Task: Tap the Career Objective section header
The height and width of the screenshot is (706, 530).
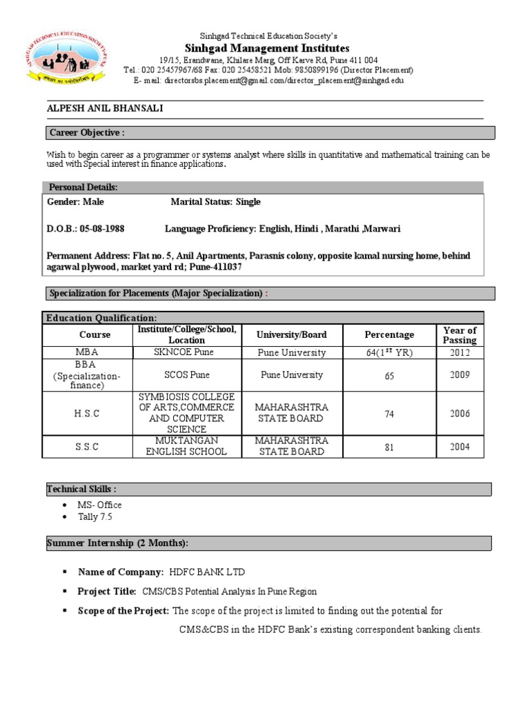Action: click(x=86, y=132)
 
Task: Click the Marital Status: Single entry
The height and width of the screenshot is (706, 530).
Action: click(x=216, y=202)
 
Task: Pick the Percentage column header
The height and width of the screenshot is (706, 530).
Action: click(x=389, y=335)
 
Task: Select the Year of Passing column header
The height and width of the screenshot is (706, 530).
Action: click(x=460, y=335)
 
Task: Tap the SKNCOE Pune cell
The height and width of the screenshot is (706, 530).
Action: click(x=184, y=352)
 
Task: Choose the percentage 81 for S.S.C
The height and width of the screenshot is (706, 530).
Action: click(x=389, y=447)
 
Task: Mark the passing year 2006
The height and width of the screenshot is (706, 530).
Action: click(x=460, y=414)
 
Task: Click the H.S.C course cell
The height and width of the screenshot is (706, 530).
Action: click(x=87, y=414)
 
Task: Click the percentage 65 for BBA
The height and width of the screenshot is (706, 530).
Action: click(x=389, y=376)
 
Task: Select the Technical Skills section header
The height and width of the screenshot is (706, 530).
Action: click(x=77, y=489)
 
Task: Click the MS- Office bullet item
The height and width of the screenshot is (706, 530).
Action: click(x=99, y=505)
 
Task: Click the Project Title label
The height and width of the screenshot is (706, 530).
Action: click(x=107, y=592)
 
